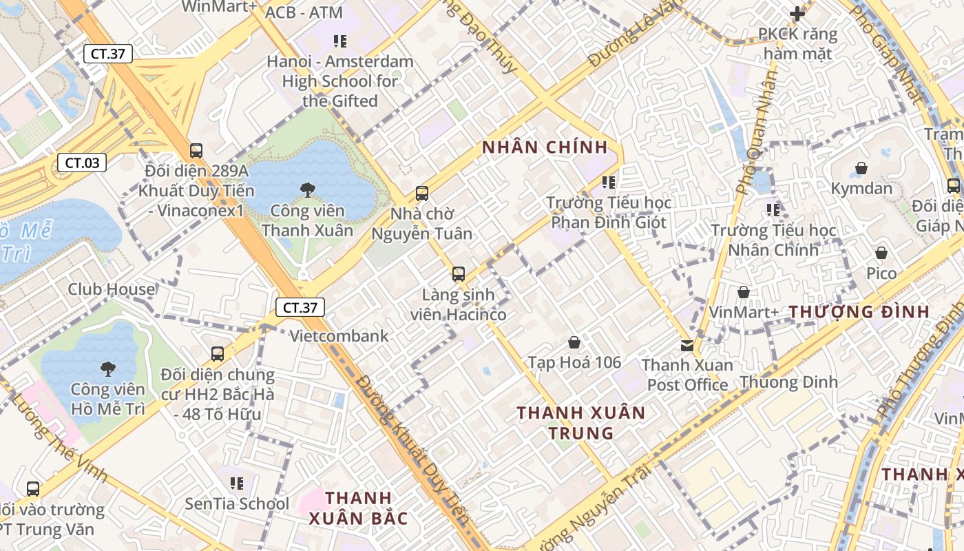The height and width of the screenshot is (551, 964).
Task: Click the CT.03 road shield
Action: [x=83, y=163]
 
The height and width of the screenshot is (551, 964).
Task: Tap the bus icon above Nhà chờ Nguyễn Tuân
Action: [x=422, y=194]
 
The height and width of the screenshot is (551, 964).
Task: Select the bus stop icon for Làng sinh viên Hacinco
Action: [x=459, y=273]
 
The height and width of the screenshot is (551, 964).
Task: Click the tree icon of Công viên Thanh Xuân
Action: [x=307, y=188]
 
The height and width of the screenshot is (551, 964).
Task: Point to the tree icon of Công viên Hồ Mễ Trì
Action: [x=107, y=369]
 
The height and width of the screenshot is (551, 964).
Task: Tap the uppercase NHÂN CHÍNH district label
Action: [x=545, y=147]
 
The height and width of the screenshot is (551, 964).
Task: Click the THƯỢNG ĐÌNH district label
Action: [x=859, y=311]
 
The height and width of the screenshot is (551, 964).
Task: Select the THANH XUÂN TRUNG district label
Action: [x=581, y=422]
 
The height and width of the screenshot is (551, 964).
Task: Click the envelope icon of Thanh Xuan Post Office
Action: [x=687, y=345]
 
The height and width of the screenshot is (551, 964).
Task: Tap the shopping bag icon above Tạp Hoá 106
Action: [x=574, y=342]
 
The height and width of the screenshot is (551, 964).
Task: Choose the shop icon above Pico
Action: [x=881, y=253]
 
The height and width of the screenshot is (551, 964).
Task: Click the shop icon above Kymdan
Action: [x=861, y=168]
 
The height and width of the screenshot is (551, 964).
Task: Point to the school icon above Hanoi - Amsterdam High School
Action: [x=339, y=41]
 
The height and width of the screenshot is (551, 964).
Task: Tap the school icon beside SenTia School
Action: [x=237, y=484]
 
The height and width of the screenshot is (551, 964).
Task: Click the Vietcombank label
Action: [x=339, y=336]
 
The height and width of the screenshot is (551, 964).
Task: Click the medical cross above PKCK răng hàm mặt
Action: [x=797, y=13]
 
